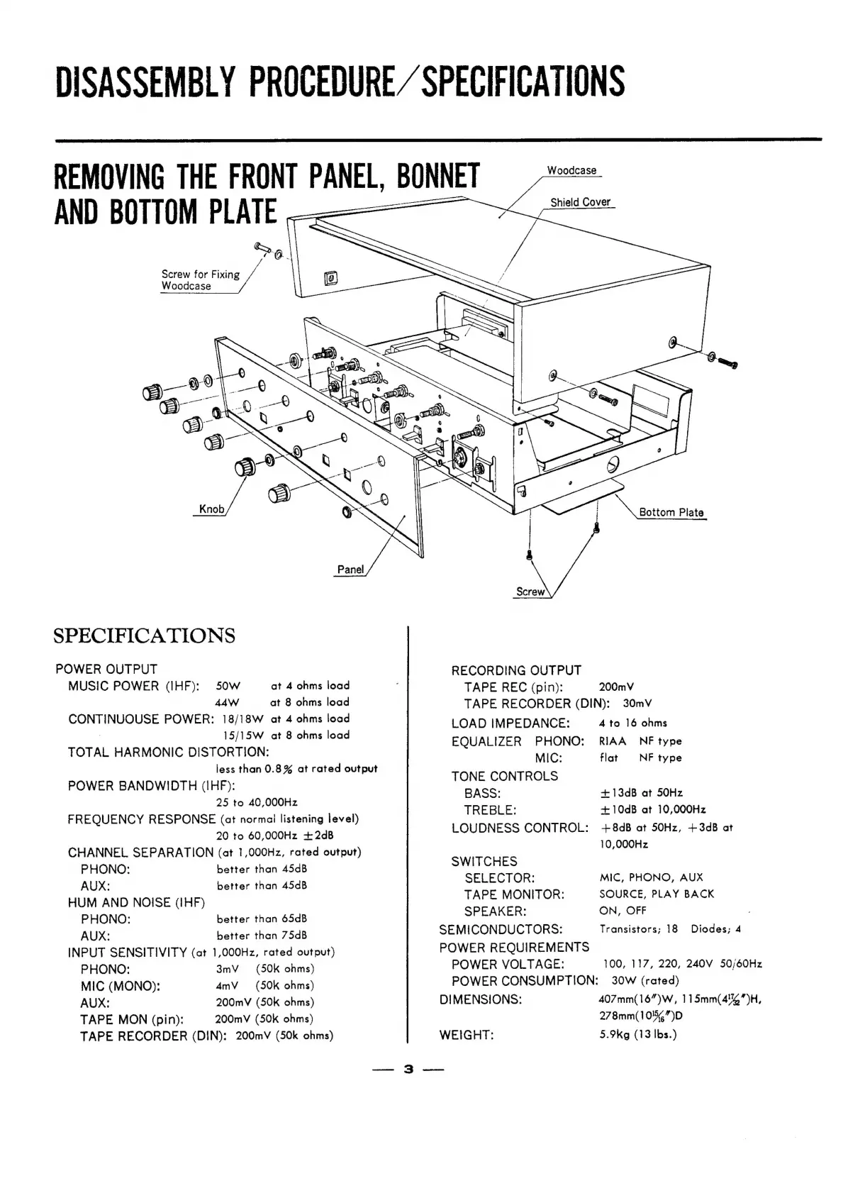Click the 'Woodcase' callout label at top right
coord(571,171)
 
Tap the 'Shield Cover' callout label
coord(580,202)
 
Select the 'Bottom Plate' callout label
coord(671,512)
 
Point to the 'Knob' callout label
coord(211,509)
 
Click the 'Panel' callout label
coord(350,569)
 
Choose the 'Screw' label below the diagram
coord(530,592)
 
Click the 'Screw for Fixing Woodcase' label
coord(200,280)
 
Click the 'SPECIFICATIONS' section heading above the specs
coord(144,635)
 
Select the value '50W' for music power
coord(228,686)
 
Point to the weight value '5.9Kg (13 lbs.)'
coord(638,1034)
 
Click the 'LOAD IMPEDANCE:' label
coord(510,723)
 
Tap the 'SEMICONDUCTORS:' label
coord(501,929)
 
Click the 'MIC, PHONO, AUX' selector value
coord(651,877)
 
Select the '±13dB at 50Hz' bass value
coord(641,793)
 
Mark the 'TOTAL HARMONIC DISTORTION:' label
coord(168,752)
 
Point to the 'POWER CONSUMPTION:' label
coord(525,981)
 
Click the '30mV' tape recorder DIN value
coord(637,704)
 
